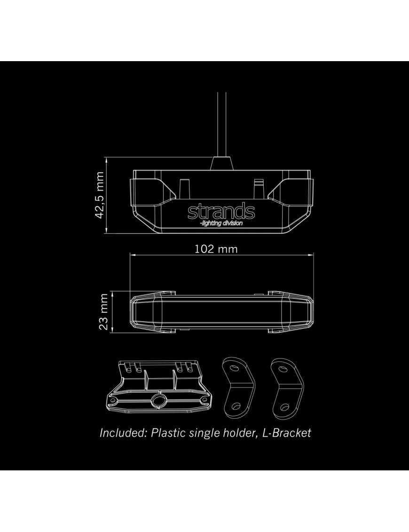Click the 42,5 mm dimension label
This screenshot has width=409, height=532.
pyautogui.click(x=99, y=195)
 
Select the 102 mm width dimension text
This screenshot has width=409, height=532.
pyautogui.click(x=216, y=249)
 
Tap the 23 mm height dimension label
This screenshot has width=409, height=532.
pyautogui.click(x=104, y=312)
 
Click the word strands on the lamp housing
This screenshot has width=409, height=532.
pyautogui.click(x=221, y=212)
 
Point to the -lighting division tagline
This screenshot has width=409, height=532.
pyautogui.click(x=221, y=223)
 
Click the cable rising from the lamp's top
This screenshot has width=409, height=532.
pyautogui.click(x=221, y=122)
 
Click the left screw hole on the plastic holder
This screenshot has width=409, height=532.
pyautogui.click(x=114, y=401)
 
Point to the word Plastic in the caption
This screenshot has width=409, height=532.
pyautogui.click(x=168, y=433)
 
